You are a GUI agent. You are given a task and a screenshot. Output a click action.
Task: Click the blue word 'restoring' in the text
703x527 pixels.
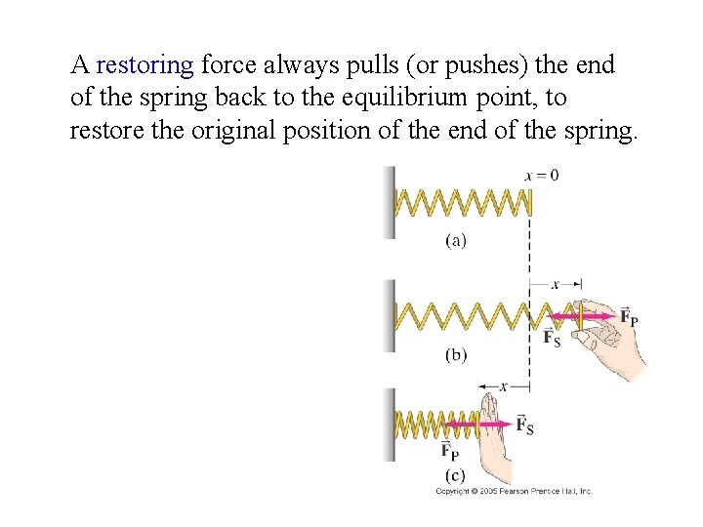pos(145,65)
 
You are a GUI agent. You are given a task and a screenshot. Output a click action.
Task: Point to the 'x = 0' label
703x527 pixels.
pos(542,176)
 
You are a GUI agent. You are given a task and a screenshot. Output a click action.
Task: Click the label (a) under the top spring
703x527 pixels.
pos(456,239)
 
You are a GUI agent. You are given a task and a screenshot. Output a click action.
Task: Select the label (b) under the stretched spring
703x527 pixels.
pos(456,355)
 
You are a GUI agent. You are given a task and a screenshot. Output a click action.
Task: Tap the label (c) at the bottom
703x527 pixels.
pos(456,475)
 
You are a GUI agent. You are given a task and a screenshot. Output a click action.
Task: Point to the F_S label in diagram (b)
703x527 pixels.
pos(552,338)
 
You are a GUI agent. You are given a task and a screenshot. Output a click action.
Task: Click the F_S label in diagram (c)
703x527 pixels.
pos(524,426)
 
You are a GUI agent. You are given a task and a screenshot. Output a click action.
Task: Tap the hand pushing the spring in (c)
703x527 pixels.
pos(493,429)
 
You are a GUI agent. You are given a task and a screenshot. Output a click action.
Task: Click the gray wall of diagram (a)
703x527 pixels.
pos(390,202)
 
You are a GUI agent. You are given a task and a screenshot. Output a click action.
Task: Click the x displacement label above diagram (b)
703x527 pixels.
pos(555,285)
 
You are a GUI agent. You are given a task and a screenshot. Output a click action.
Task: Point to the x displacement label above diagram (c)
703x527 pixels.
pos(503,386)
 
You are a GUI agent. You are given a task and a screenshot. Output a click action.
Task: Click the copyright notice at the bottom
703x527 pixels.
pos(514,492)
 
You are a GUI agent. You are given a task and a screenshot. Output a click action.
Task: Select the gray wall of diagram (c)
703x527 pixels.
pos(390,425)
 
